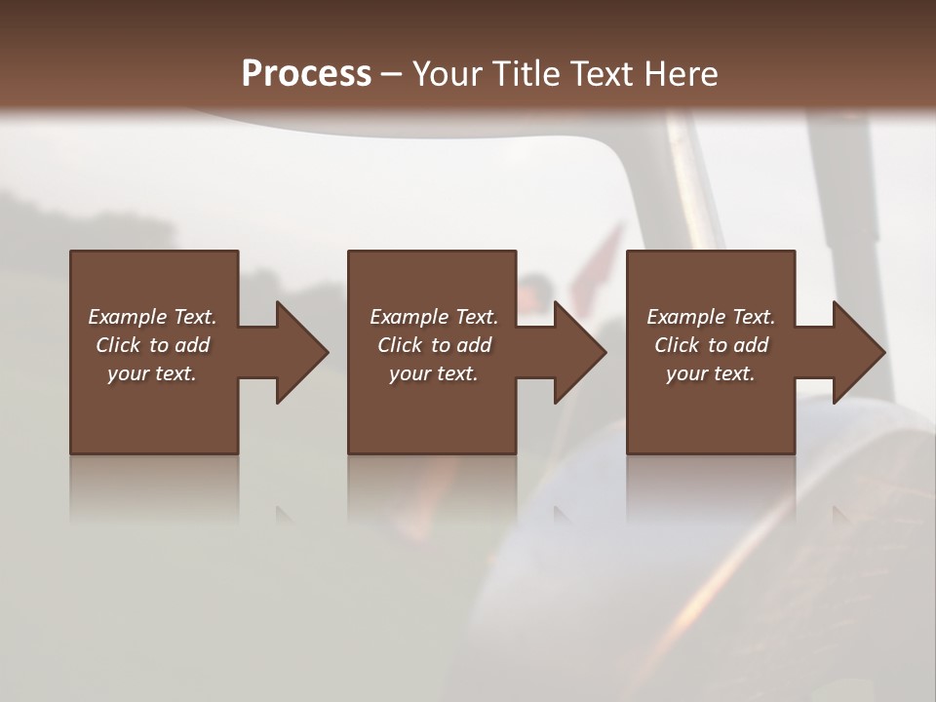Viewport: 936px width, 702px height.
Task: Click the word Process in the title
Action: [x=306, y=73]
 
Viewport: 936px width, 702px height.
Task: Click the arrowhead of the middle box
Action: [x=579, y=352]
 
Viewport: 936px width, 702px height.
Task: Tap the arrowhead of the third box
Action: [x=858, y=352]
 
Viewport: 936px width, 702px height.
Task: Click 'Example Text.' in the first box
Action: [x=152, y=317]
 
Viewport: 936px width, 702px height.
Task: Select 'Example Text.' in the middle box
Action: [x=434, y=317]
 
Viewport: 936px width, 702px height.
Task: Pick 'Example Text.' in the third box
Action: [x=711, y=317]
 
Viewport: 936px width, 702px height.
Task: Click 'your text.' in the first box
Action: [x=152, y=373]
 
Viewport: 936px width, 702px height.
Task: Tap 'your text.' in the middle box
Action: [x=434, y=373]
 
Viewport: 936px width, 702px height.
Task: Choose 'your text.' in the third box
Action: [x=711, y=373]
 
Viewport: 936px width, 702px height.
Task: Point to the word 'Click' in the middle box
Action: [x=400, y=345]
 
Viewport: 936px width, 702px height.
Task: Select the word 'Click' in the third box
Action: [x=677, y=345]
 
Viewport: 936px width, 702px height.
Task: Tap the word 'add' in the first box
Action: [x=193, y=345]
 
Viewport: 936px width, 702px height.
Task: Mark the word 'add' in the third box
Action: [x=752, y=345]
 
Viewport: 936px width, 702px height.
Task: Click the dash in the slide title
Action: [x=392, y=75]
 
